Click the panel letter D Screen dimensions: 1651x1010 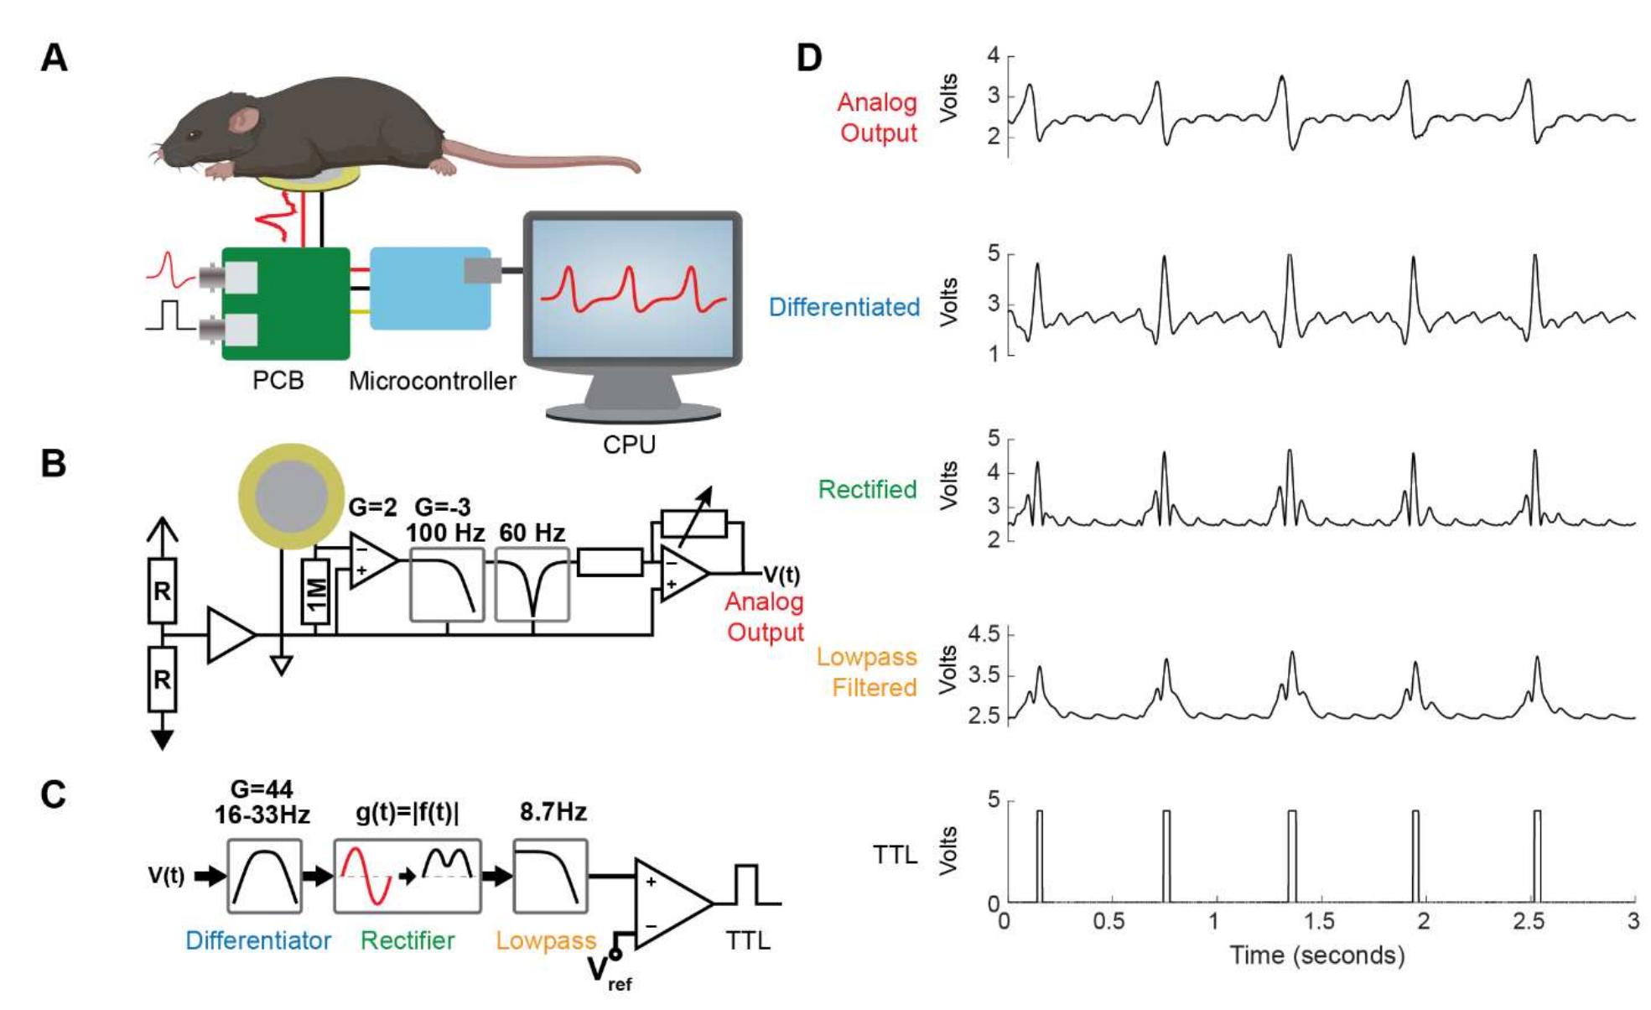pos(808,58)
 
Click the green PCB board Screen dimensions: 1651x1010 pos(285,304)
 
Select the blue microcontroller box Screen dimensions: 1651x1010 pos(430,289)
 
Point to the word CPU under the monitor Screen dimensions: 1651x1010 pos(629,444)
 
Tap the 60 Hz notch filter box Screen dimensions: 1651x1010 pos(532,585)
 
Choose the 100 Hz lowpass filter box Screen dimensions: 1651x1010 pos(447,585)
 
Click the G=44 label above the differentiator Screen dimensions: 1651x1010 pos(262,789)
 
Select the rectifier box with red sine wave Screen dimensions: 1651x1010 pos(408,876)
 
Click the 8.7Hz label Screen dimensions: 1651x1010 pos(553,812)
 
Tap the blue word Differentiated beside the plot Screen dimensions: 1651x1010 pos(844,307)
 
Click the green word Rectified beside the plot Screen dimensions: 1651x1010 pos(867,489)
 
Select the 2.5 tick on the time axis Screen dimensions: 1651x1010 pos(1528,921)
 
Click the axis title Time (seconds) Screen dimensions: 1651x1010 pos(1316,955)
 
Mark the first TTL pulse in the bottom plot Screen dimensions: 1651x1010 pos(1039,856)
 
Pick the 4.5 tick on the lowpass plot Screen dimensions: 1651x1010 pos(984,634)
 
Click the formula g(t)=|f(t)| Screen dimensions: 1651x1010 pos(408,813)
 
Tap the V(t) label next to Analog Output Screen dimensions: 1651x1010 pos(781,575)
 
